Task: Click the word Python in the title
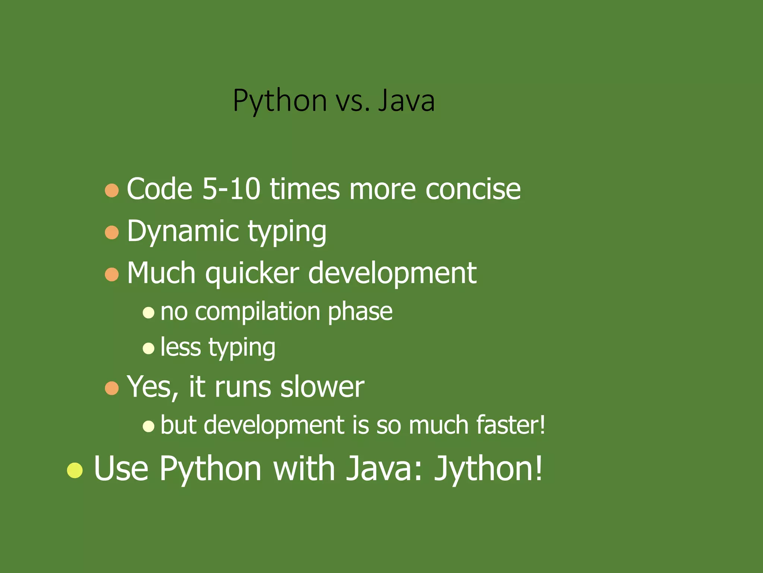(279, 101)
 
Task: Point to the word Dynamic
(183, 231)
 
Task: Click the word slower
(322, 387)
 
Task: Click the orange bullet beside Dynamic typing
(112, 232)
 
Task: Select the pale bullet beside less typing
(148, 348)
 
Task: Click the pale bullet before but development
(148, 426)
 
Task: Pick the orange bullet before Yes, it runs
(112, 388)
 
